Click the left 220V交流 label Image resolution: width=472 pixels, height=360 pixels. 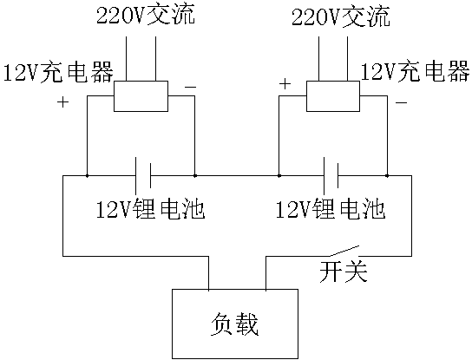[146, 15]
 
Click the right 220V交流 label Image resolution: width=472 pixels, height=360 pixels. [341, 16]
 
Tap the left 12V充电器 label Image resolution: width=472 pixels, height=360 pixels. [58, 72]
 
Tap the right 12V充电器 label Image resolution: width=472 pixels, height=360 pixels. [415, 72]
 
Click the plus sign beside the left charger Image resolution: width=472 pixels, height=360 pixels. [63, 102]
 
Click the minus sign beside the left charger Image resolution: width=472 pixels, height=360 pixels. [191, 88]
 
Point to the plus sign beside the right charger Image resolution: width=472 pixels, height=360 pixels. [285, 84]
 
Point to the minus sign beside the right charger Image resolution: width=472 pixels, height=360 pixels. [401, 103]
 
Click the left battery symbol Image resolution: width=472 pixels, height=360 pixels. [143, 176]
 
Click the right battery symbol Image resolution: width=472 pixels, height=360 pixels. [331, 176]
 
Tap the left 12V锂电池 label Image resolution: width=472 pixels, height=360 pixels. [150, 209]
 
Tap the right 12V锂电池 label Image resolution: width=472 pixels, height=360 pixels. [331, 209]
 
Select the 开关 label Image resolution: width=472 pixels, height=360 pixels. [344, 272]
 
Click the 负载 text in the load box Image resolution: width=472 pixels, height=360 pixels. [234, 324]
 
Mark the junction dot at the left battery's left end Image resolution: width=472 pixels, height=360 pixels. [87, 175]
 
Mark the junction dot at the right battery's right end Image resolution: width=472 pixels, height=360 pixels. [387, 175]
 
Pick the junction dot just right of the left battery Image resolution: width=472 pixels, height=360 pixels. [194, 175]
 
